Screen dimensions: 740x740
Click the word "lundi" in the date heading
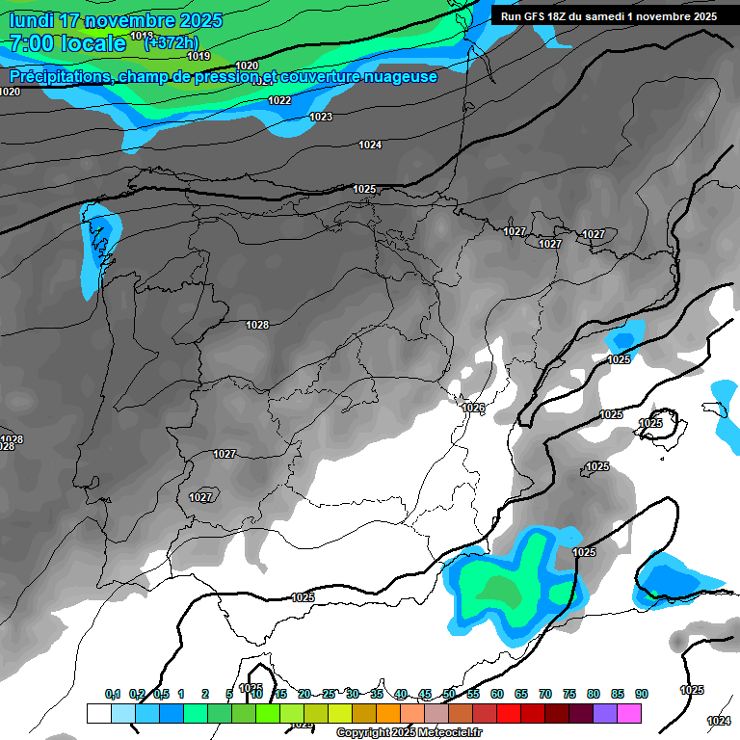[31, 20]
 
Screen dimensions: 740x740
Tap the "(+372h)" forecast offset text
[171, 42]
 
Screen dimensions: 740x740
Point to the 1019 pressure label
[198, 56]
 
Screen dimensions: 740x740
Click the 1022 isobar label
[279, 100]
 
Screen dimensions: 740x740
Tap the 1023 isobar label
[321, 117]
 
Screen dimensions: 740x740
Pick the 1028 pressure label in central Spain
[257, 326]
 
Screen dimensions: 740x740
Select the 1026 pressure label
[473, 409]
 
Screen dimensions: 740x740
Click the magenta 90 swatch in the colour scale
[630, 713]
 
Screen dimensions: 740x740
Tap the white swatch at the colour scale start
[98, 713]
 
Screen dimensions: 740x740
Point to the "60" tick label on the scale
[497, 694]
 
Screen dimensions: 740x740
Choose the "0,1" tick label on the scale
[113, 694]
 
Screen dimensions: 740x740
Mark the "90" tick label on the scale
[642, 694]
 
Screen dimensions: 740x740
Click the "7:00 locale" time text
[67, 43]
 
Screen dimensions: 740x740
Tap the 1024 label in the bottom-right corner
[718, 721]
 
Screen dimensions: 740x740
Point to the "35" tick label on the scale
[377, 694]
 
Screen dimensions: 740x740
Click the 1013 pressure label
[142, 36]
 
